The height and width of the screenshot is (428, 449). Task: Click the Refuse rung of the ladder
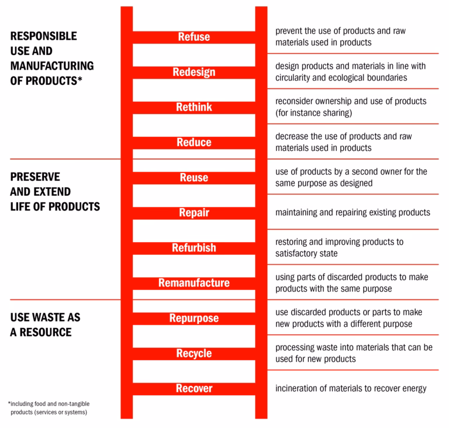(x=194, y=37)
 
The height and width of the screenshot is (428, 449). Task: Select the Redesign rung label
(x=194, y=72)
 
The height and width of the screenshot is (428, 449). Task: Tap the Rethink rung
(x=194, y=107)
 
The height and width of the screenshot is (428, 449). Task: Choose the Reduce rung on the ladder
(x=194, y=142)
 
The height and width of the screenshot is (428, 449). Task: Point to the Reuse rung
(x=194, y=178)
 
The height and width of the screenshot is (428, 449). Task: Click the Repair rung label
(x=194, y=213)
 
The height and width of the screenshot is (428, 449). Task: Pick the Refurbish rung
(x=194, y=248)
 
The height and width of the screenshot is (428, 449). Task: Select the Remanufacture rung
(x=194, y=283)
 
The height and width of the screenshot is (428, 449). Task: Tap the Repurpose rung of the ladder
(x=194, y=318)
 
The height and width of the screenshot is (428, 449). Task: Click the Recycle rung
(x=194, y=353)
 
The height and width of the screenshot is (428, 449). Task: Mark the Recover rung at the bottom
(x=194, y=388)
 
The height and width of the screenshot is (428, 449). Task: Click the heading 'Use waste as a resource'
(x=45, y=325)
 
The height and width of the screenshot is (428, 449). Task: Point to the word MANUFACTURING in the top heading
(x=52, y=66)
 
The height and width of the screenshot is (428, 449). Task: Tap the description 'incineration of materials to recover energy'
(x=351, y=388)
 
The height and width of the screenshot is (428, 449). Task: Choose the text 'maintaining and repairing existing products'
(x=353, y=212)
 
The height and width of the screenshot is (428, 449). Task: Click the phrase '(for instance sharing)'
(x=313, y=113)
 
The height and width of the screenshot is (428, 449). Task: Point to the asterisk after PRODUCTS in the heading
(x=80, y=80)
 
